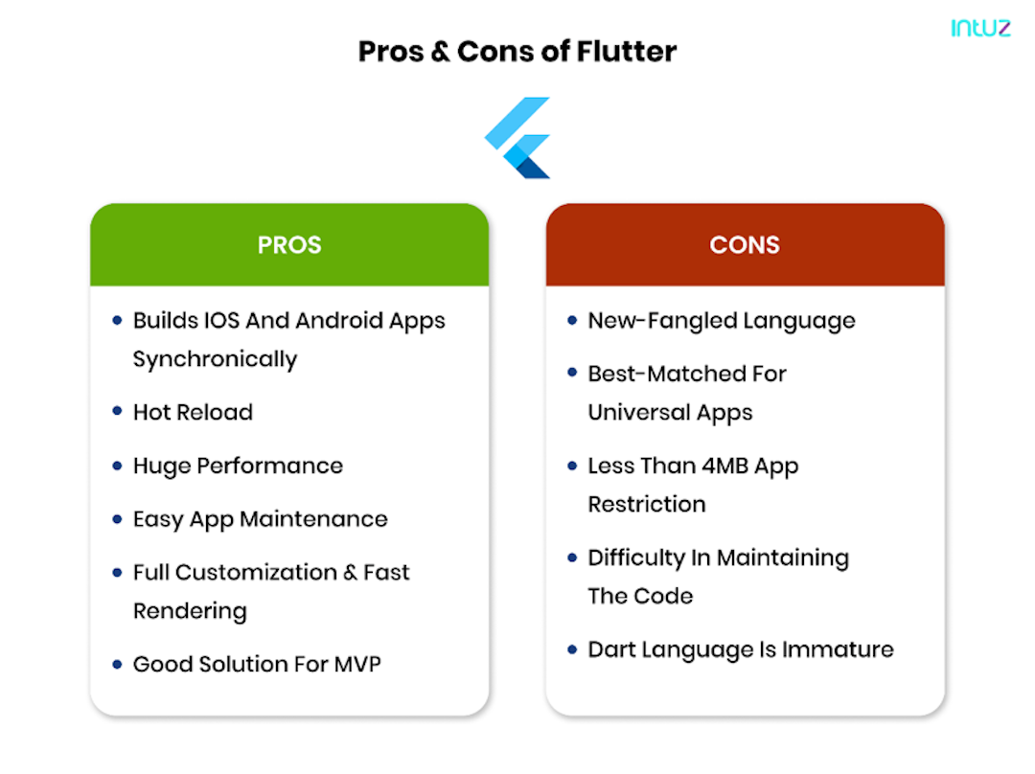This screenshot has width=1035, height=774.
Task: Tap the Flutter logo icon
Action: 517,138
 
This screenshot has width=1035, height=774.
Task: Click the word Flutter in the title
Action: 627,51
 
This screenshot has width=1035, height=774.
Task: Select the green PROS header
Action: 289,245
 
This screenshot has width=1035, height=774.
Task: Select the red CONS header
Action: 745,245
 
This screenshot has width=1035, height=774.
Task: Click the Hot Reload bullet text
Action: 193,413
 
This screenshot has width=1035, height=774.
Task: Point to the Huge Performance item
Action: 238,467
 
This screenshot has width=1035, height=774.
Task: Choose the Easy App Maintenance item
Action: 260,519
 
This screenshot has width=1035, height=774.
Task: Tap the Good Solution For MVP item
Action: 257,664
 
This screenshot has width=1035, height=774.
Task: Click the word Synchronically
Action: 215,360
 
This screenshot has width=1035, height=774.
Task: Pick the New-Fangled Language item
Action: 721,321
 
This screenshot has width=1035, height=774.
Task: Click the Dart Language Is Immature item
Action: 740,649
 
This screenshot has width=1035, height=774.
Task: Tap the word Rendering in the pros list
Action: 190,611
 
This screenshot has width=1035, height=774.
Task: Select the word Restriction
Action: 646,505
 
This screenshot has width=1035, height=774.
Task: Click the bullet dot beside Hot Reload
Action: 117,412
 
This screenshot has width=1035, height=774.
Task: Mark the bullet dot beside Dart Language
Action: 572,649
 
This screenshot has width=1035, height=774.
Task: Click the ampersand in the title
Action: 440,52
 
